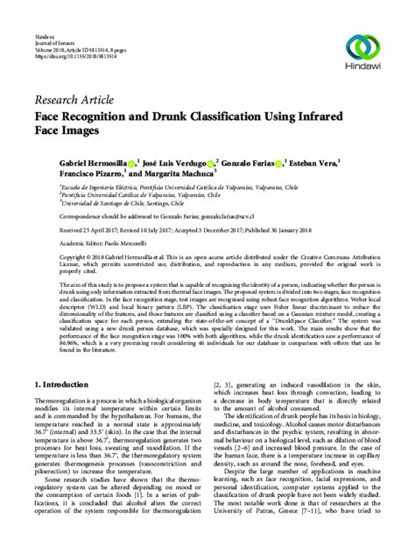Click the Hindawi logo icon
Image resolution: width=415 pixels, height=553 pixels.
[369, 45]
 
